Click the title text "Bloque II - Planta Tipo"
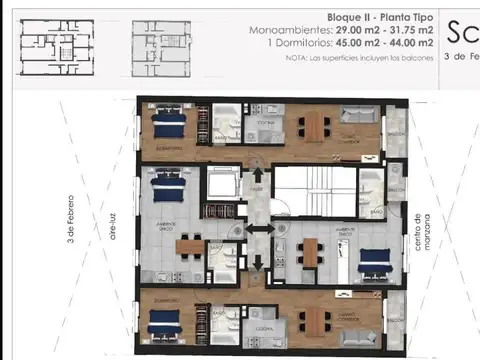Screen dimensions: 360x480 [x=380, y=18]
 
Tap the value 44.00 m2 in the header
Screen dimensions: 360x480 [x=412, y=43]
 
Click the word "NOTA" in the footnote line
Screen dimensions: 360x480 [x=297, y=57]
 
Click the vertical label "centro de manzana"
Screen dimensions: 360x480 [x=429, y=231]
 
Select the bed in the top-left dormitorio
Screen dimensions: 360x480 [x=169, y=124]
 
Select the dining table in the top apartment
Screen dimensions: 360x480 [x=315, y=125]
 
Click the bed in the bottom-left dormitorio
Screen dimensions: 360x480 [x=164, y=323]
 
